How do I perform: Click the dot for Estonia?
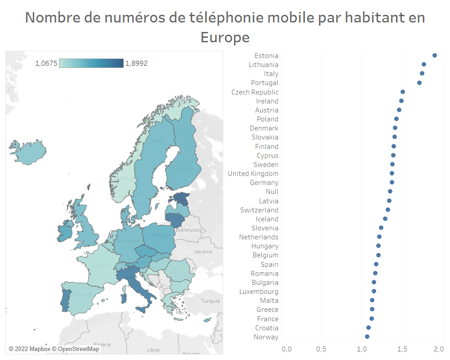tap(435, 55)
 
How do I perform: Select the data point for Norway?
tap(367, 337)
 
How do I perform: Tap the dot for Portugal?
tap(419, 83)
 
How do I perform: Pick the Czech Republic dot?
tap(403, 92)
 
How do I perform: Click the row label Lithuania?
tap(264, 65)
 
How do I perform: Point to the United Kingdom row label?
tap(253, 174)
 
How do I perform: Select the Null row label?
tap(272, 192)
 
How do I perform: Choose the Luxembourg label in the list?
tap(259, 292)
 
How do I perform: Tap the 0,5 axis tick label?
tap(321, 349)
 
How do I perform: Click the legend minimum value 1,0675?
tap(46, 63)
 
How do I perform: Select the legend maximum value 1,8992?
tap(136, 63)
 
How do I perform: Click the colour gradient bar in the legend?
tap(91, 63)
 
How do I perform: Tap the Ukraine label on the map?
tap(203, 252)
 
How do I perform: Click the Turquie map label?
tap(210, 301)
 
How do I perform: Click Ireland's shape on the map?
tap(66, 232)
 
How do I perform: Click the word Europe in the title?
tap(225, 37)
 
